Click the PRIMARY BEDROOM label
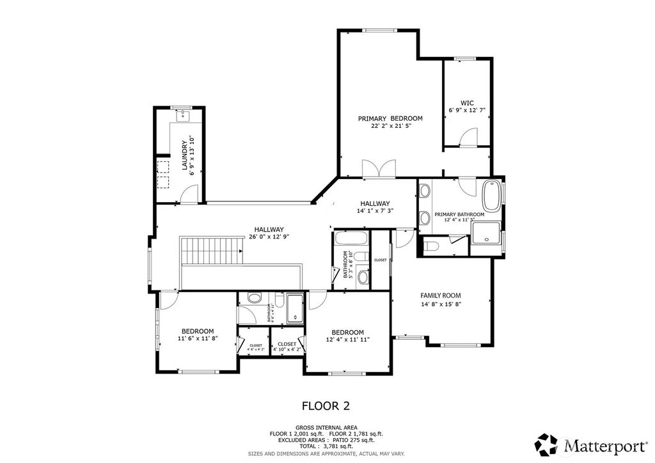(x=390, y=118)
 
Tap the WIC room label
(x=467, y=102)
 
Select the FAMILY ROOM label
(x=440, y=295)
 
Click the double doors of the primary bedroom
(x=378, y=169)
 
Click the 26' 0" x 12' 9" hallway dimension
(x=269, y=237)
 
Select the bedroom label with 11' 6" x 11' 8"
(x=198, y=338)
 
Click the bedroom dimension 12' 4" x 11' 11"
(x=347, y=340)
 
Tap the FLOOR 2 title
(x=326, y=405)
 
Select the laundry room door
(x=190, y=195)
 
